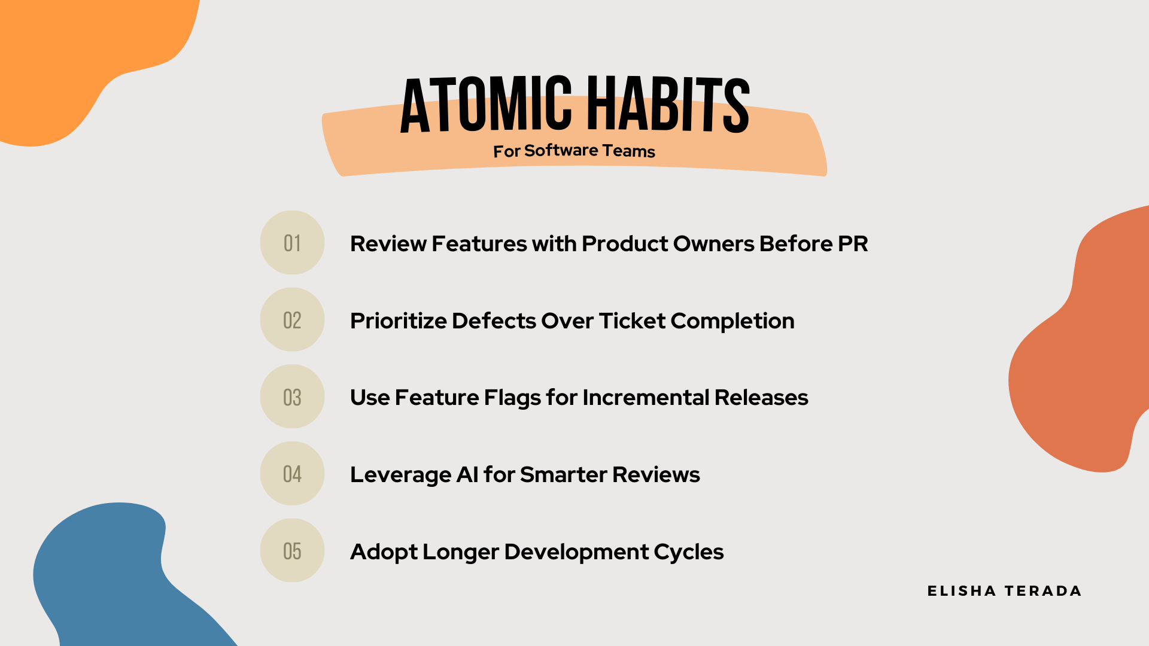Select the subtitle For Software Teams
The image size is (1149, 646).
point(574,151)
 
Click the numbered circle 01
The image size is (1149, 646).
point(292,243)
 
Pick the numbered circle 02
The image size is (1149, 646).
point(292,320)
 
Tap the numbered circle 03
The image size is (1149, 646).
point(292,397)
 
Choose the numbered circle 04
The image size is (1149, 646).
point(292,474)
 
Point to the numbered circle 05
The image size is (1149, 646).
point(292,551)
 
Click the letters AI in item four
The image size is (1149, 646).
point(467,475)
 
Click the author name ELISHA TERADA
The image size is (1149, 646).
point(1004,591)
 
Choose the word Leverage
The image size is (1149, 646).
point(400,475)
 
